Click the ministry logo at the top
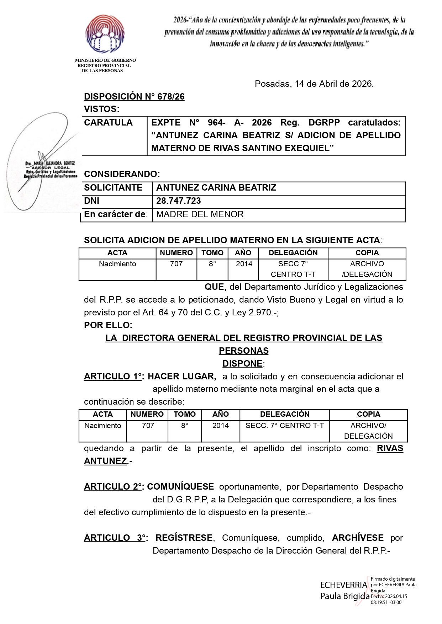point(105,34)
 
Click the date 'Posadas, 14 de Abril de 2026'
point(314,84)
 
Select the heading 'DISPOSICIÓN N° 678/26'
point(134,97)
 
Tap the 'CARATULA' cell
point(108,123)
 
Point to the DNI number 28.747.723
point(178,201)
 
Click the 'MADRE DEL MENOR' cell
point(200,214)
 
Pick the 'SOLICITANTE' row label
point(113,188)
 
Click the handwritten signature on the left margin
point(43,160)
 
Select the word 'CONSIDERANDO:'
point(122,174)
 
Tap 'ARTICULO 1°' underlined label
point(113,376)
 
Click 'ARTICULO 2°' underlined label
point(113,487)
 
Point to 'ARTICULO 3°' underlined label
point(115,538)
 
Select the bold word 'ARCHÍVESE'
point(358,538)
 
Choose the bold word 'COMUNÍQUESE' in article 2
point(180,487)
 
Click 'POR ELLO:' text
point(108,325)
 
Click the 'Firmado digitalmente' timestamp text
point(393,591)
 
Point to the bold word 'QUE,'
point(215,287)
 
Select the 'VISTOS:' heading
point(102,109)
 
